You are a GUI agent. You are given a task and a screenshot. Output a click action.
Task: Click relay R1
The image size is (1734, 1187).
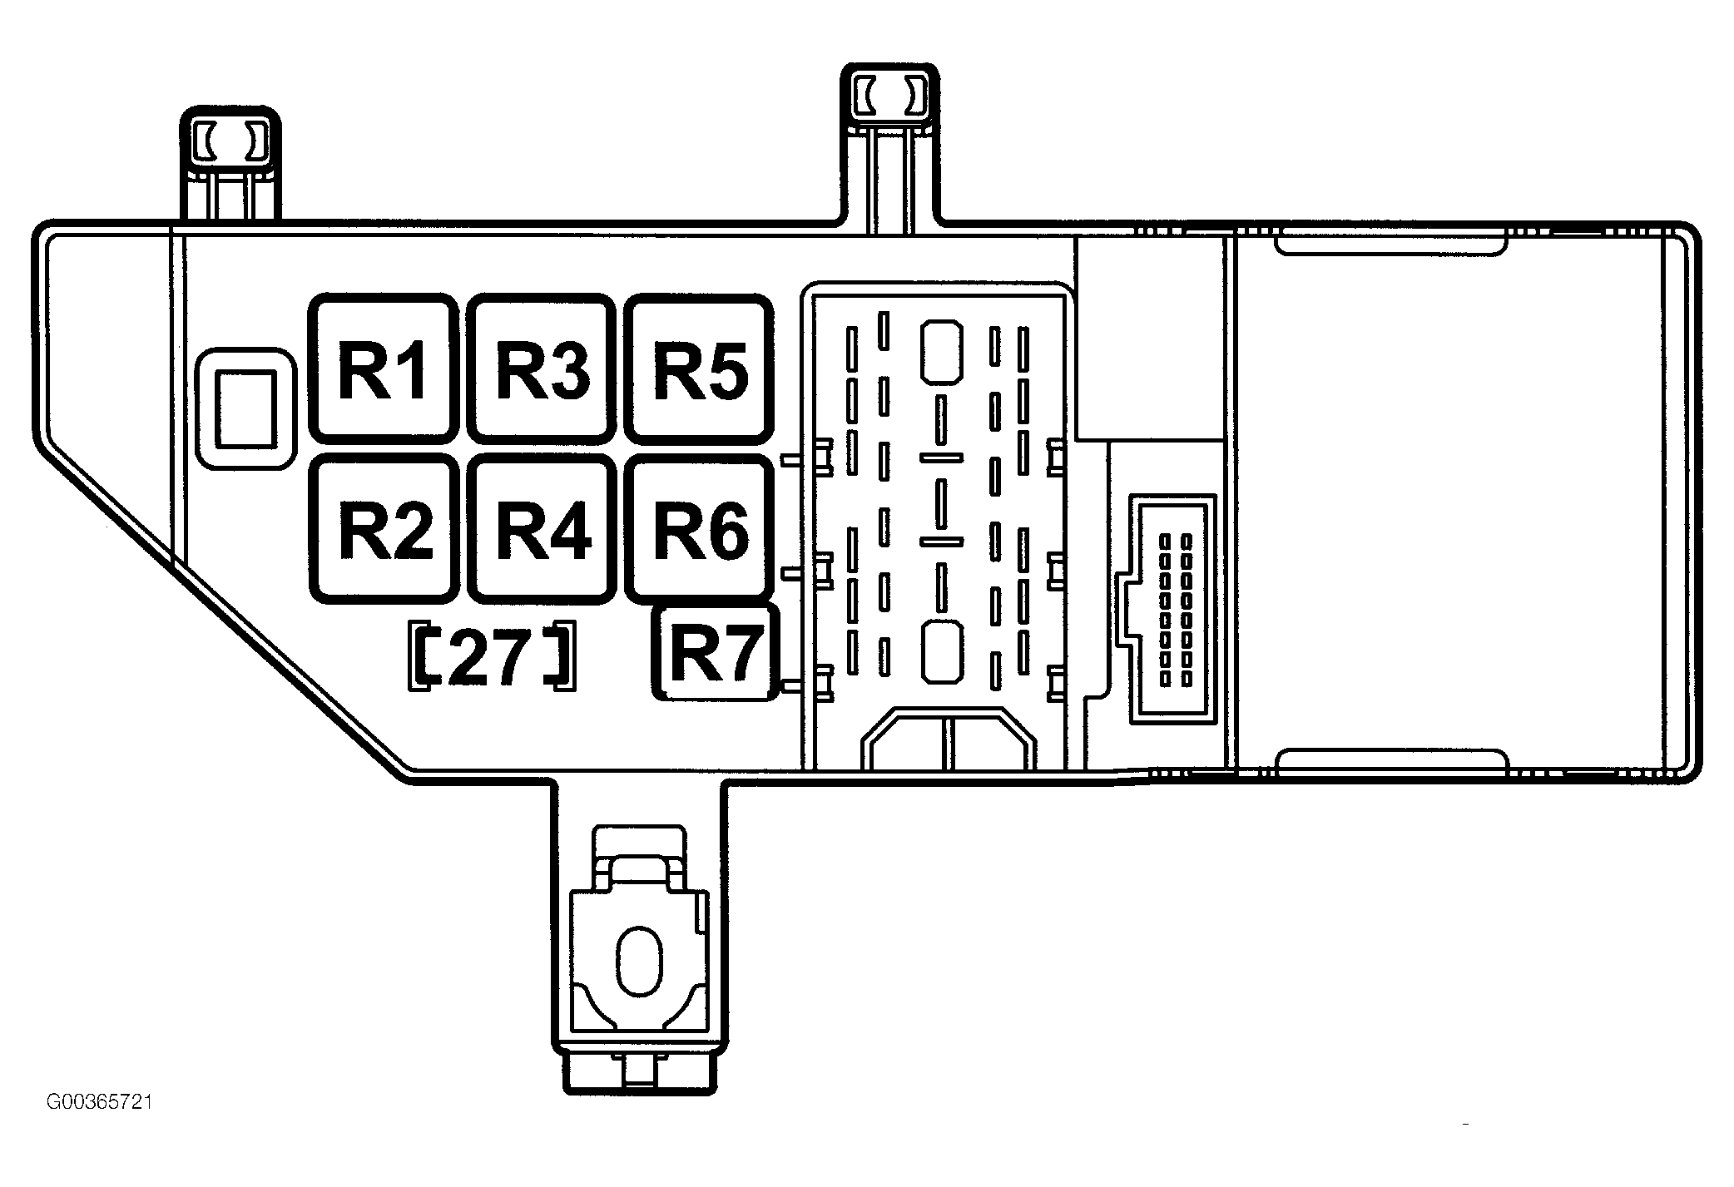click(x=384, y=368)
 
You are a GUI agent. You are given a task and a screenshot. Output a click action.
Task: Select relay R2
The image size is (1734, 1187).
click(x=384, y=528)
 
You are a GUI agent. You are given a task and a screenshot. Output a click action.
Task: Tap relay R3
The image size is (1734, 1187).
click(x=542, y=368)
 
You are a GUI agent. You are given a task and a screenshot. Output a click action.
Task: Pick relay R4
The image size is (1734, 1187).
click(x=542, y=528)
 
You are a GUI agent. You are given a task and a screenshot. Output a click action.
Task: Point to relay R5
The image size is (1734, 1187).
click(x=699, y=368)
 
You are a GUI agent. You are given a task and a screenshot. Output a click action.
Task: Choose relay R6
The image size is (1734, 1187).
click(x=699, y=528)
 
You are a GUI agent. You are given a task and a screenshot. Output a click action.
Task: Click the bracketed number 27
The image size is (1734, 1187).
click(x=492, y=655)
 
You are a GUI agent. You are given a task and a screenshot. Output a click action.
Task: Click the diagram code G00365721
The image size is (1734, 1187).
click(x=99, y=1103)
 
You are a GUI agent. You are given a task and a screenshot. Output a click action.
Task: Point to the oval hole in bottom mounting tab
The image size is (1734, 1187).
click(x=639, y=960)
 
